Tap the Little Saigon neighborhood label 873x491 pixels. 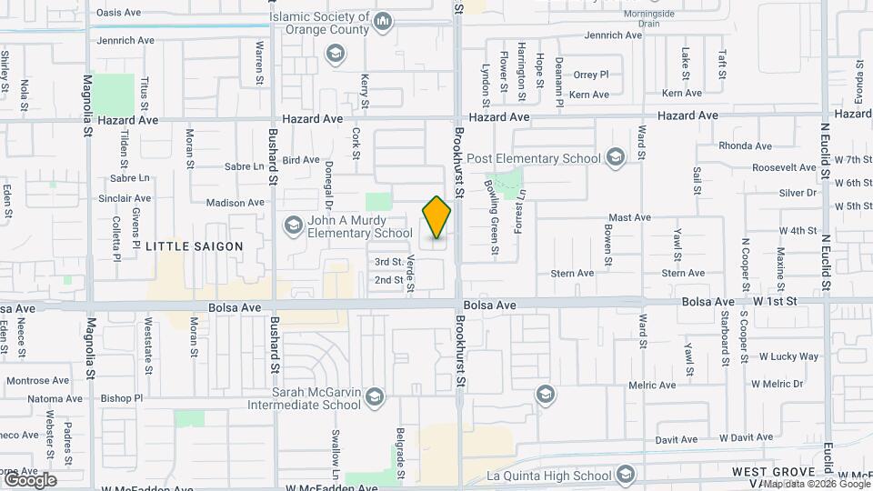click(195, 246)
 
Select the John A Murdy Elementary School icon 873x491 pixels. click(293, 224)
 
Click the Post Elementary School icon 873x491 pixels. click(616, 158)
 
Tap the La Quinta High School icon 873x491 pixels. click(625, 475)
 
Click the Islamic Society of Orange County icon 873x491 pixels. click(383, 21)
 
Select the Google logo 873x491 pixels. click(29, 479)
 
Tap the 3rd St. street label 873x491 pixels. click(388, 262)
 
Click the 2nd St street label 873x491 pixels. click(388, 280)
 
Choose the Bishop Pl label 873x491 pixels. click(122, 398)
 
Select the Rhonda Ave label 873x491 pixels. click(745, 145)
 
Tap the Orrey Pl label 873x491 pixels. click(590, 75)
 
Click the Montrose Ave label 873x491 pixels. click(36, 380)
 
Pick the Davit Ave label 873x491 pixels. click(676, 439)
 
